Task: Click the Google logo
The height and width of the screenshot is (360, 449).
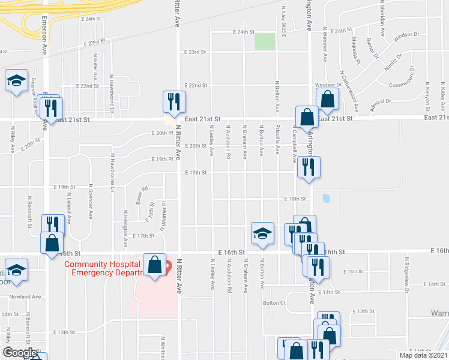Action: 19,353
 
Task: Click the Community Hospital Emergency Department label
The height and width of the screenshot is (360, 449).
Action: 102,268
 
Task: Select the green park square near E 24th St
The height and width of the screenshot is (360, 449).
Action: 265,42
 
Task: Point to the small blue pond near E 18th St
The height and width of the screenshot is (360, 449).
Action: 326,198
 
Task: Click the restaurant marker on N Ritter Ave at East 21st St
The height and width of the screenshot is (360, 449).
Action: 173,101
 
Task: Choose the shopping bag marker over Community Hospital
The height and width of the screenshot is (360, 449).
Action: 155,265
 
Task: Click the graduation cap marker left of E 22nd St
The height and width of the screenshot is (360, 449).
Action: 16,80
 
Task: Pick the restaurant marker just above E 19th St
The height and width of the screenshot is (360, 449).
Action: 309,167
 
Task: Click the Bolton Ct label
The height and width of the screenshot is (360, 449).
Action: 274,303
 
